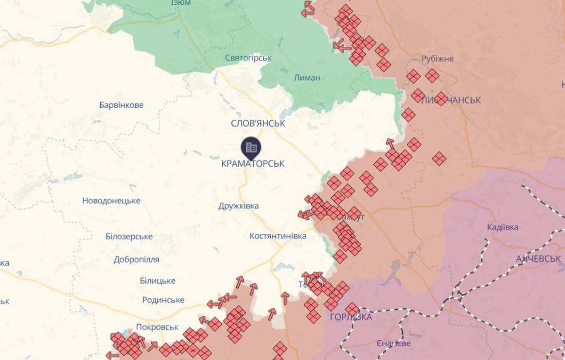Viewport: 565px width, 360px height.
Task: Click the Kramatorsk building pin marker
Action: pyautogui.click(x=251, y=147)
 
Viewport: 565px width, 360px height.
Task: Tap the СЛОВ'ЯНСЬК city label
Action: pyautogui.click(x=258, y=123)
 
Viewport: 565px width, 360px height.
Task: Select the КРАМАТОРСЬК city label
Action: pyautogui.click(x=253, y=164)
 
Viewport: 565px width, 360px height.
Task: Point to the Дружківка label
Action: pyautogui.click(x=239, y=206)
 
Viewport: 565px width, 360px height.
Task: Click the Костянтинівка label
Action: pyautogui.click(x=278, y=236)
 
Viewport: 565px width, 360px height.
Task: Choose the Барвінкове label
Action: pyautogui.click(x=121, y=105)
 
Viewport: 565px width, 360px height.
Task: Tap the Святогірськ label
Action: pyautogui.click(x=249, y=58)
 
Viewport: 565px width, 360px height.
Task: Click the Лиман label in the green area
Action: pyautogui.click(x=307, y=78)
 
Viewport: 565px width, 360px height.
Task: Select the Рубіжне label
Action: pyautogui.click(x=437, y=59)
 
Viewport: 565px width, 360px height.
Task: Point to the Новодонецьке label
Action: pyautogui.click(x=111, y=201)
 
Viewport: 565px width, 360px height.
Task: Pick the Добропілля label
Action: pyautogui.click(x=137, y=259)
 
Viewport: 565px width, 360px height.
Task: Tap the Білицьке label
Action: pyautogui.click(x=157, y=281)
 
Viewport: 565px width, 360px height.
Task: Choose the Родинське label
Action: pyautogui.click(x=163, y=300)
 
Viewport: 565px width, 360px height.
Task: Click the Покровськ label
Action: pyautogui.click(x=157, y=327)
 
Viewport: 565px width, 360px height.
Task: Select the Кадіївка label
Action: pyautogui.click(x=503, y=227)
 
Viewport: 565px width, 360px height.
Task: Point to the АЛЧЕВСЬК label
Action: pyautogui.click(x=538, y=259)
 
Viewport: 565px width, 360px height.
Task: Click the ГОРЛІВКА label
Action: pyautogui.click(x=351, y=317)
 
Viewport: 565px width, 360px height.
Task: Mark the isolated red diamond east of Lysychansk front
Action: pyautogui.click(x=439, y=159)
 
